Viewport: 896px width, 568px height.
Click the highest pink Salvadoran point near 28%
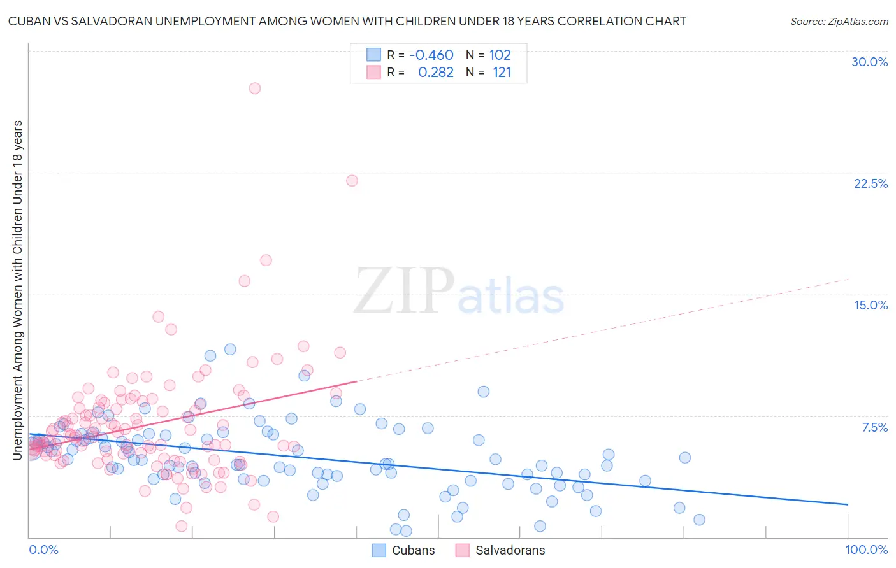[255, 89]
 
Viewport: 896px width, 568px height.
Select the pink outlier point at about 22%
[352, 181]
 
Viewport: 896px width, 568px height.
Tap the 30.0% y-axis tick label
[869, 62]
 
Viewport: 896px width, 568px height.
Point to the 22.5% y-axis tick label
[871, 183]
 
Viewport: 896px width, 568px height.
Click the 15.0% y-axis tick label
[871, 305]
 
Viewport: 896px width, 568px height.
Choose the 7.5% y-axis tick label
[874, 427]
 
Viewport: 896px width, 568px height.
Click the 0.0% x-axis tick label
[43, 550]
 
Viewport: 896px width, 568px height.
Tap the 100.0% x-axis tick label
[866, 550]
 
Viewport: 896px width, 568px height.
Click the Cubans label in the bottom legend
[413, 550]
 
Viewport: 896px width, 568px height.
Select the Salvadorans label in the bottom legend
[510, 550]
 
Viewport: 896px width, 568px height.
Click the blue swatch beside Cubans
[379, 550]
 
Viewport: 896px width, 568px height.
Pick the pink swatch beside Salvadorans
[463, 550]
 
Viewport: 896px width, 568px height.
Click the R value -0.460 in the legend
[431, 55]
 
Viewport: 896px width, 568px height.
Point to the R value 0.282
[436, 73]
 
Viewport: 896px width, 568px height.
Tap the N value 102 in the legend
[500, 55]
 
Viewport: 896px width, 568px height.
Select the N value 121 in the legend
[502, 73]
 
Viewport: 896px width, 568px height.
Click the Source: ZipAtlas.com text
[839, 22]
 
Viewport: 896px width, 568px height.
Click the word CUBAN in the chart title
[27, 21]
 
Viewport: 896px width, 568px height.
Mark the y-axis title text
[17, 290]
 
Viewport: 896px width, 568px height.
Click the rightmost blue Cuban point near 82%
[699, 520]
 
